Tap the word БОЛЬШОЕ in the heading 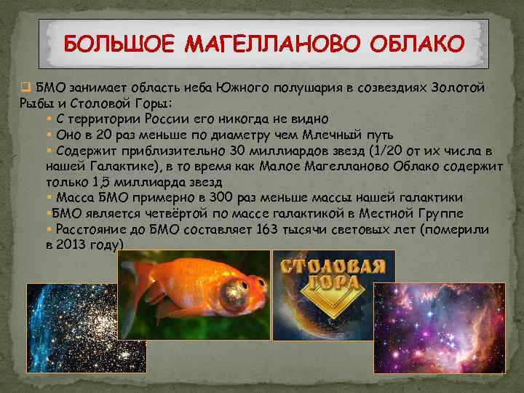pyautogui.click(x=119, y=44)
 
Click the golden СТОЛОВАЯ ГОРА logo pyautogui.click(x=332, y=284)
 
